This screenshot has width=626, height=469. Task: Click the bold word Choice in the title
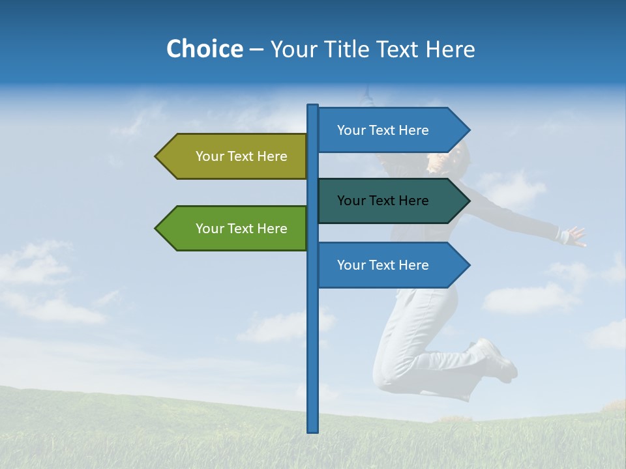coord(204,49)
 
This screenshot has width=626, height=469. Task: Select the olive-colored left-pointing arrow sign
coord(235,156)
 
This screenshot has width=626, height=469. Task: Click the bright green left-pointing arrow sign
coord(235,229)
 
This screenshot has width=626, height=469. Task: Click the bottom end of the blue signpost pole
coord(313,430)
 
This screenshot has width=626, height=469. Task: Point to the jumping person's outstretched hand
coord(575,236)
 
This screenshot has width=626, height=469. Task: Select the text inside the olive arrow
coord(241,156)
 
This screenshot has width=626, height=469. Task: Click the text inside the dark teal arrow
coord(383,201)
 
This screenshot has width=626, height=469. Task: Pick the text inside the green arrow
coord(241,229)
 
